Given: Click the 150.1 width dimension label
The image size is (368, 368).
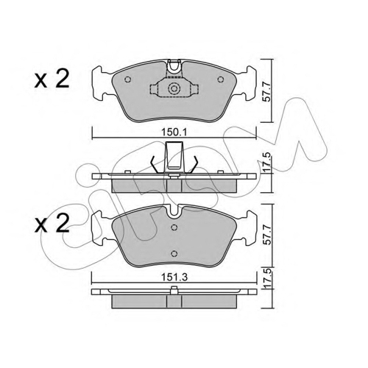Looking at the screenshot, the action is click(x=174, y=132).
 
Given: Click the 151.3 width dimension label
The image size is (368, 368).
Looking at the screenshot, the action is click(x=174, y=277).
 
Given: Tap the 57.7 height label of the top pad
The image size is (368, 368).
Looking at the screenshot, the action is click(x=267, y=91).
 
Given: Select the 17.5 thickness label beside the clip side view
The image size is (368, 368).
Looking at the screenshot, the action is click(x=267, y=163).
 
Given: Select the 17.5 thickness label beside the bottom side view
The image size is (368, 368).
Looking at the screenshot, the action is click(x=267, y=278).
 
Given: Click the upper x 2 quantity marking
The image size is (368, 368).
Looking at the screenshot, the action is click(x=52, y=79).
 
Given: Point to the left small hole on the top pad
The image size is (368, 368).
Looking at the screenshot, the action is click(x=127, y=79).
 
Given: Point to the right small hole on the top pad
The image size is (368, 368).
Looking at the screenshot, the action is click(x=221, y=79).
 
